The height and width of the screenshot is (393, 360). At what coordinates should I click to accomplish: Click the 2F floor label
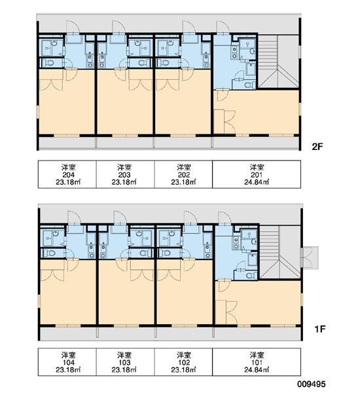coord(317,146)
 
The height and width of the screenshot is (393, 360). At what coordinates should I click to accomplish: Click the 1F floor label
coord(320,329)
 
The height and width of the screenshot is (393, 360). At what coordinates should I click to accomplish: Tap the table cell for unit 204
coord(67,174)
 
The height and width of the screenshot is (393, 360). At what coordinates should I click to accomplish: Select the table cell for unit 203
coord(125,174)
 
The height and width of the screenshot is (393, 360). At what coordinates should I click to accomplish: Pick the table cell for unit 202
coord(183,174)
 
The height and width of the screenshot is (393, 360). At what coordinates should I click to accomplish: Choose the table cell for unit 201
coord(257,174)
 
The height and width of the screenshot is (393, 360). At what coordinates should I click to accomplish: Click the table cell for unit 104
coord(67,362)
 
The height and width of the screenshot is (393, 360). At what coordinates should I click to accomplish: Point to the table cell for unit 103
coord(125,362)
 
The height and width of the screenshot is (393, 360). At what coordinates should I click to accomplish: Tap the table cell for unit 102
coord(183,362)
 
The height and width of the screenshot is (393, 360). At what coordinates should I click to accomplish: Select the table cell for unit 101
coord(257,362)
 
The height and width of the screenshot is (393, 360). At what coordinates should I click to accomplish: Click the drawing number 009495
coord(312,384)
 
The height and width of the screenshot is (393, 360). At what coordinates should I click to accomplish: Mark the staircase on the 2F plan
coord(278,62)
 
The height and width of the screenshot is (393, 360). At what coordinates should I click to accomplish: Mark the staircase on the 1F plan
coord(280,252)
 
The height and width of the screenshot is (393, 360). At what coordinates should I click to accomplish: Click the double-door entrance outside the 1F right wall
coord(310,257)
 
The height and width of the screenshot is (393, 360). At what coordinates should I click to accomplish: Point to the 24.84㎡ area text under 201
coord(257,182)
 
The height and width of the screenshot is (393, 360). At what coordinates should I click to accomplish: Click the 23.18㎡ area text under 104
coord(68,369)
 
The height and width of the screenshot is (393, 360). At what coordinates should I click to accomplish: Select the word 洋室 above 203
coord(124,167)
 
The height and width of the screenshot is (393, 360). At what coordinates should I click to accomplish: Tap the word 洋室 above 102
coord(184,354)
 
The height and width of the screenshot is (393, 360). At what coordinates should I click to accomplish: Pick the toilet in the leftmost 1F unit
coord(50,253)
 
